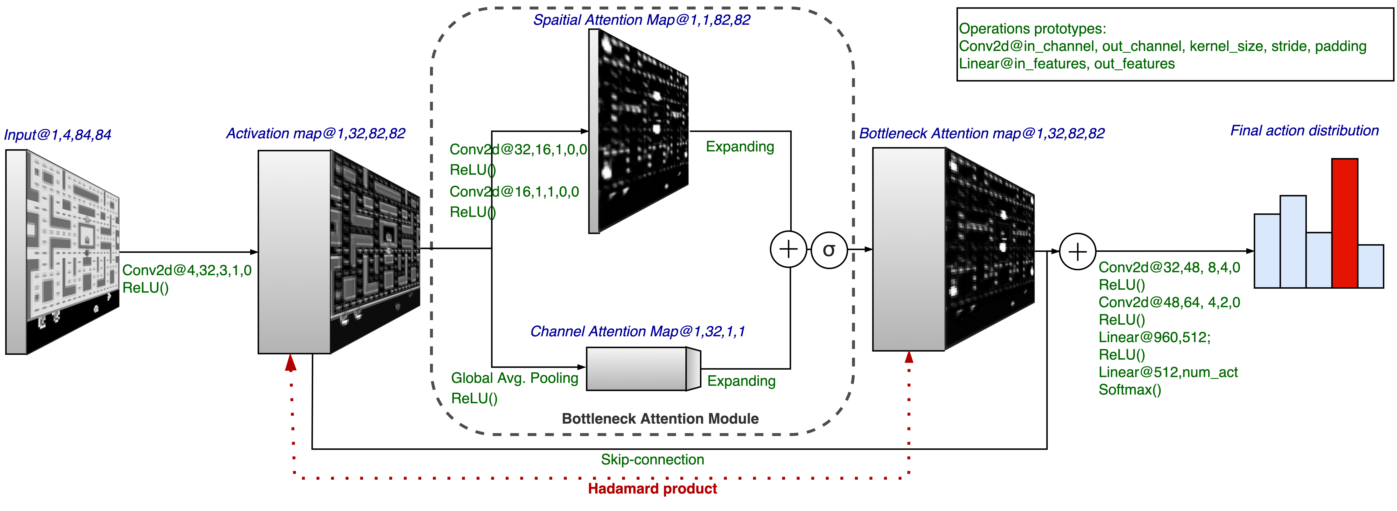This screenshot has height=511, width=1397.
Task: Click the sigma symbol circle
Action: [829, 250]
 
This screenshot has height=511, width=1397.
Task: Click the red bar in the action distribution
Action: [1344, 223]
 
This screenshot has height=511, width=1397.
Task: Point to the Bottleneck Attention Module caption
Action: [660, 419]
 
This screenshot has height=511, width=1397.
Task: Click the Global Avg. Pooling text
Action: [515, 378]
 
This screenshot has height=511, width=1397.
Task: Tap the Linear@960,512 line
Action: [1154, 337]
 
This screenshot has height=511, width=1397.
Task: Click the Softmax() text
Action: [1130, 390]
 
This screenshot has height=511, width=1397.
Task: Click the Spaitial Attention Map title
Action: [642, 20]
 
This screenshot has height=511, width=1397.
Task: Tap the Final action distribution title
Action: [1304, 131]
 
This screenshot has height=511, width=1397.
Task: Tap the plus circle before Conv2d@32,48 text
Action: [1077, 252]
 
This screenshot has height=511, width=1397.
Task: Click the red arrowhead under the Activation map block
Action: [291, 362]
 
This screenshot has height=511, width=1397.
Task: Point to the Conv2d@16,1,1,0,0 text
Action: [514, 192]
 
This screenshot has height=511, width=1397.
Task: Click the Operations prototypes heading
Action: [1032, 29]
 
